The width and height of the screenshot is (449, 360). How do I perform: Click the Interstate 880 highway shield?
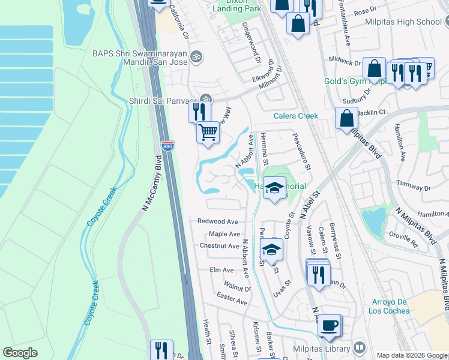(167, 146)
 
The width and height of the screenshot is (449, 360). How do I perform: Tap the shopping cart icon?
(208, 132)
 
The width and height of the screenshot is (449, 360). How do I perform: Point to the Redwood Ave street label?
(218, 221)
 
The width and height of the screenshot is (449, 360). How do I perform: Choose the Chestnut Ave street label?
(220, 246)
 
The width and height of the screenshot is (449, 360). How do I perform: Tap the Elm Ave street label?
(221, 270)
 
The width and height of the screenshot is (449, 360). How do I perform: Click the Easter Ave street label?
(232, 298)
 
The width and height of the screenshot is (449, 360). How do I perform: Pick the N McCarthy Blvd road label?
(151, 183)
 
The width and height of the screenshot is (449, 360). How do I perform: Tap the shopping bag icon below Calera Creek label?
(346, 119)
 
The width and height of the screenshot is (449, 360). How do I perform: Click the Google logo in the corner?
(20, 353)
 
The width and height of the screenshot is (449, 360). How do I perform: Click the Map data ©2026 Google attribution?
(412, 355)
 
